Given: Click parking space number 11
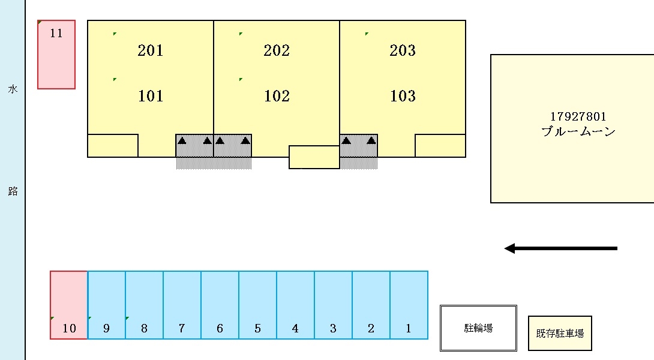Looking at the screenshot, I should click(x=56, y=55).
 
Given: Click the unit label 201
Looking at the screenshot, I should click(x=150, y=50).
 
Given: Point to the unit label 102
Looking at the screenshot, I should click(x=277, y=96).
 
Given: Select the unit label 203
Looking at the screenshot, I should click(x=403, y=50).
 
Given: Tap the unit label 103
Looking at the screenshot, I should click(x=403, y=96).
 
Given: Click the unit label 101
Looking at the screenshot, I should click(x=150, y=96).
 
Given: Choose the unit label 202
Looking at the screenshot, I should click(x=277, y=50).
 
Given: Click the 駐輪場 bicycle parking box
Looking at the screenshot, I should click(x=479, y=328).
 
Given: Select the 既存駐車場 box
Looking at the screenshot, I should click(x=560, y=333).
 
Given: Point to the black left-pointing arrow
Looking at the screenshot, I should click(x=560, y=248).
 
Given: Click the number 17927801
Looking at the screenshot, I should click(x=578, y=117).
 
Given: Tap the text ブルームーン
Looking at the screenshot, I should click(x=578, y=132).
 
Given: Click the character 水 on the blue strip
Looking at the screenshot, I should click(x=13, y=89).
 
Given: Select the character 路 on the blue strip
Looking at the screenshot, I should click(x=13, y=191).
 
